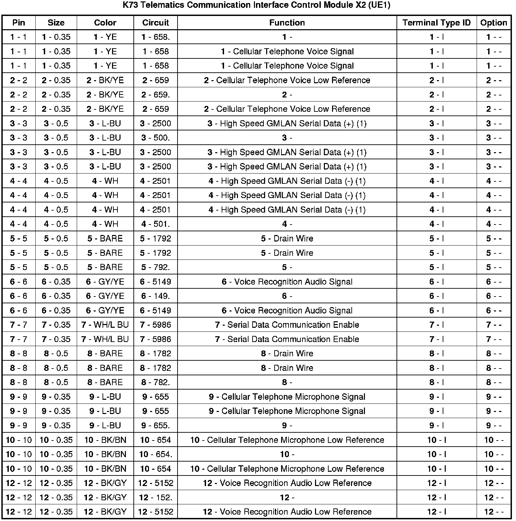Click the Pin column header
click(x=19, y=23)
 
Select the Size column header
click(x=56, y=23)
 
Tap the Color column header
click(x=105, y=23)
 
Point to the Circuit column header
click(x=155, y=23)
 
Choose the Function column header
click(x=287, y=23)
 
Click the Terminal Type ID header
click(x=437, y=23)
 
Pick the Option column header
click(x=494, y=23)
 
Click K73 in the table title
click(x=130, y=6)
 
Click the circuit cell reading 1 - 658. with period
click(x=155, y=37)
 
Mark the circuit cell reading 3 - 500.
click(x=155, y=138)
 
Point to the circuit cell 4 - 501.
click(x=155, y=224)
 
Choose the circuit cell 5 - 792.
click(x=155, y=267)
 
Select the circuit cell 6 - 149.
click(x=155, y=296)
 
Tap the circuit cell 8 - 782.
click(x=155, y=382)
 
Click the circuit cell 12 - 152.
click(x=155, y=498)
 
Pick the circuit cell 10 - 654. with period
click(x=155, y=454)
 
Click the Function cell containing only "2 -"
click(x=287, y=95)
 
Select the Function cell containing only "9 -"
click(x=287, y=426)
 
